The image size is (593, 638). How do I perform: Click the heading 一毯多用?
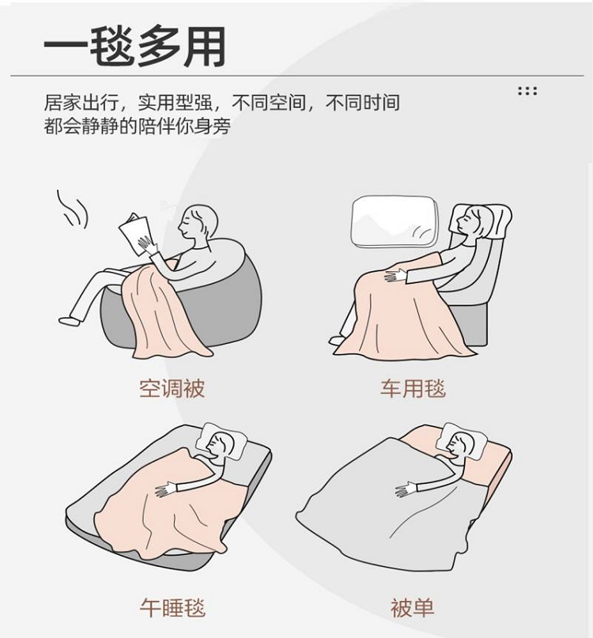click(x=135, y=47)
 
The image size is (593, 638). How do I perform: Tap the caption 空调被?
click(x=172, y=389)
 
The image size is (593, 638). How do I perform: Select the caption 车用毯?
click(x=413, y=389)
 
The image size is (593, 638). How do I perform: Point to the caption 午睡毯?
click(x=172, y=607)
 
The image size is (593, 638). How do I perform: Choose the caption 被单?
click(x=412, y=607)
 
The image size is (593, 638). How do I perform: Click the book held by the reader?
click(x=135, y=234)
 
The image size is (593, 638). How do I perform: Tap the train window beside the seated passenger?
click(x=394, y=221)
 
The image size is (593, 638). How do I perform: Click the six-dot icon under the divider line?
click(x=527, y=91)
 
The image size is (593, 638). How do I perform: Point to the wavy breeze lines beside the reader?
click(x=72, y=210)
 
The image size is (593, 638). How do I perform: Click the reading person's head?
click(x=198, y=224)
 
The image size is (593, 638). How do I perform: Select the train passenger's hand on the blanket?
click(x=395, y=276)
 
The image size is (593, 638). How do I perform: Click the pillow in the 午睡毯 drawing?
click(x=220, y=440)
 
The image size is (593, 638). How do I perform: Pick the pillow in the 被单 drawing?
click(x=461, y=440)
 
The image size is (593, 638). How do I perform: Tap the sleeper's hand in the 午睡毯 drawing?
click(x=166, y=489)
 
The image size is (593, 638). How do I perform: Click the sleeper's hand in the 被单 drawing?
click(x=406, y=489)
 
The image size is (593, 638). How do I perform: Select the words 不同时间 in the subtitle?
click(x=362, y=103)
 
